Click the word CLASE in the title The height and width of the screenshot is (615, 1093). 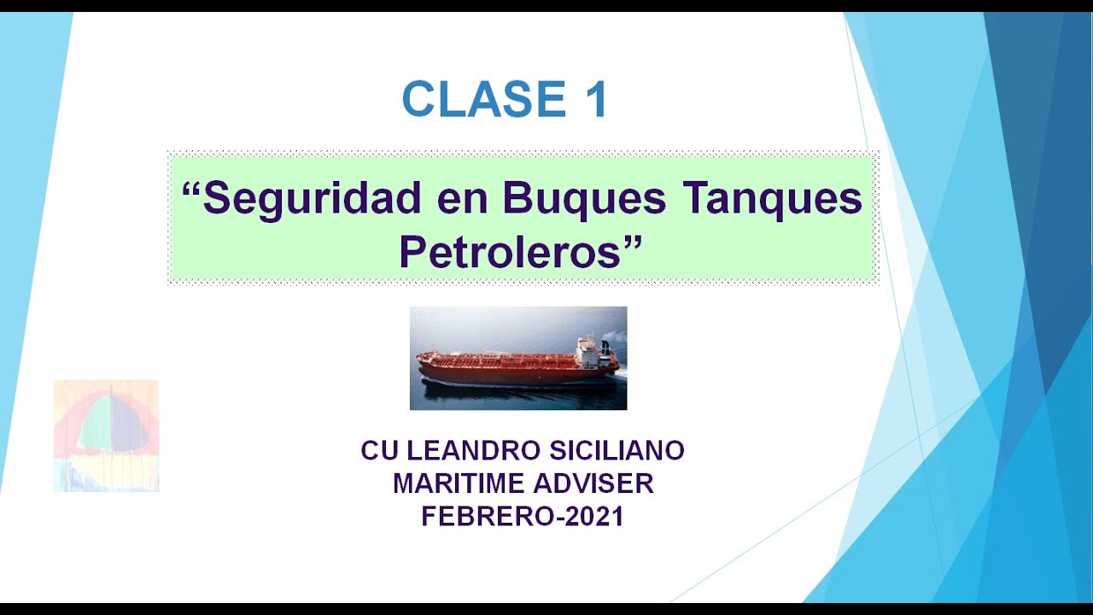(484, 99)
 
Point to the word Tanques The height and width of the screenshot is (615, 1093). (773, 199)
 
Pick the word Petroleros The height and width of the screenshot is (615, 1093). (510, 251)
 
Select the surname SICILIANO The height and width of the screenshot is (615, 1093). (617, 450)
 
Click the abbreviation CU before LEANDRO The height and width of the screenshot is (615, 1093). (379, 450)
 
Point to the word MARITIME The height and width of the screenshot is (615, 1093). (459, 483)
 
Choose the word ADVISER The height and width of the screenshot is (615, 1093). (593, 483)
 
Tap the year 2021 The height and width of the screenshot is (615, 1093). (593, 517)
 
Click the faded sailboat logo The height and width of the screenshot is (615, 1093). (107, 436)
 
